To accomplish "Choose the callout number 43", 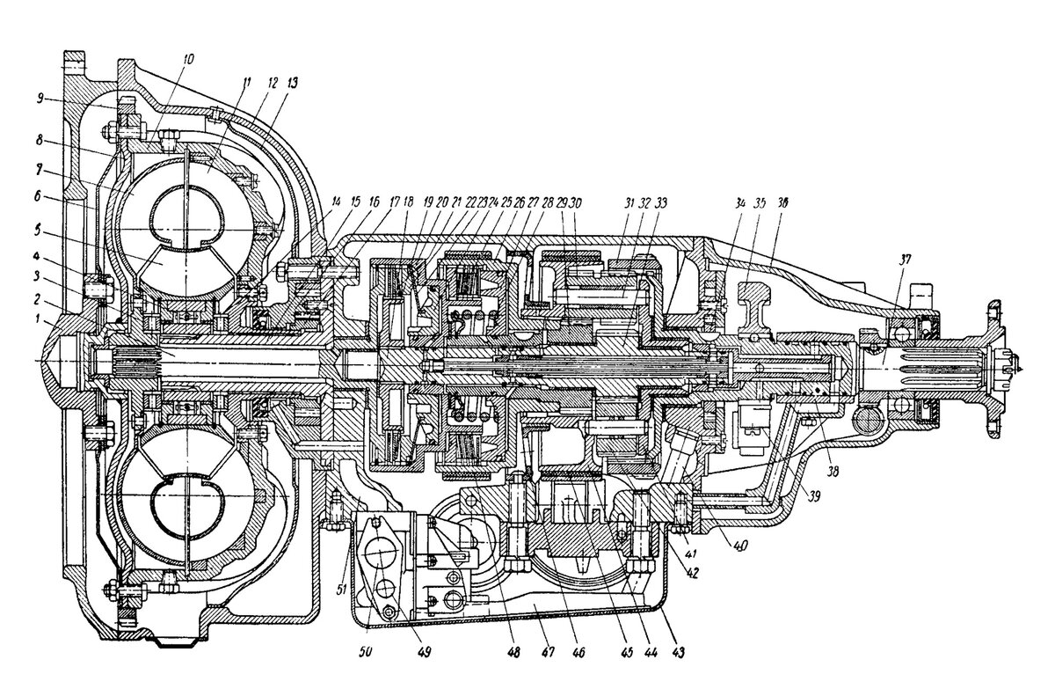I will pos(678,653).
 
